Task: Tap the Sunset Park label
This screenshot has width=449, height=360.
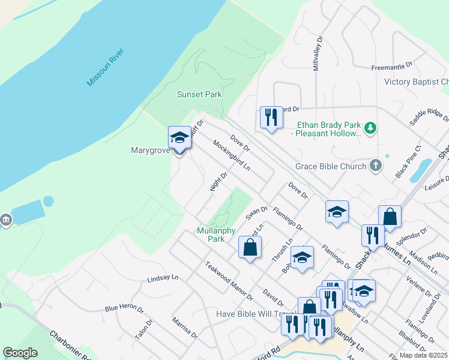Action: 199,94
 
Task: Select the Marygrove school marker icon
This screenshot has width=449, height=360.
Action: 179,139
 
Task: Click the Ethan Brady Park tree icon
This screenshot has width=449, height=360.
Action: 371,127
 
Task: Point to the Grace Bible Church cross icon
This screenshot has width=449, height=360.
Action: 376,166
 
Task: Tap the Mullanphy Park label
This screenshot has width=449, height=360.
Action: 211,234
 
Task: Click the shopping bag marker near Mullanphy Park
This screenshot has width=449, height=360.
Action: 250,247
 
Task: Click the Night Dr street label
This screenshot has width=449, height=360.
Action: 218,182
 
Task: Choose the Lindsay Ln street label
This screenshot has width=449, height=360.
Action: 163,278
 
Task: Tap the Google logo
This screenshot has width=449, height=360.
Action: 20,352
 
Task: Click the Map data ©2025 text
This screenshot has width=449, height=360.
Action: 423,355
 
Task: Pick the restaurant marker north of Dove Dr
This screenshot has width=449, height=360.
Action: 271,116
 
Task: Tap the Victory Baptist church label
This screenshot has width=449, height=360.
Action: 417,82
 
